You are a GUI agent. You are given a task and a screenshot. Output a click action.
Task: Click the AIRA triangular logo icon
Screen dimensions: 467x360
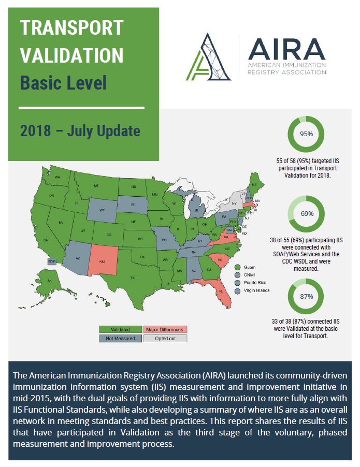click(x=210, y=56)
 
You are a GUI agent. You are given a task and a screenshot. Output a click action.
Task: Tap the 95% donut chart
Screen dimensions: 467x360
click(x=306, y=134)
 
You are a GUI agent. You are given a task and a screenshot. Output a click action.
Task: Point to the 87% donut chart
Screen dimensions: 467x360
click(x=306, y=297)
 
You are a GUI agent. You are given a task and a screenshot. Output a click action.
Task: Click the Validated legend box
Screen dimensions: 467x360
click(x=120, y=329)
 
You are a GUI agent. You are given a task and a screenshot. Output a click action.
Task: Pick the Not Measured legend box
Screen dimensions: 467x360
click(x=120, y=338)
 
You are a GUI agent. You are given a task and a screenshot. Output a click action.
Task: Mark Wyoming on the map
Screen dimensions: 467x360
click(x=102, y=210)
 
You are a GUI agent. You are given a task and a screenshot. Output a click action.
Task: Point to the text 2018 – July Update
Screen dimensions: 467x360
click(x=80, y=130)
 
